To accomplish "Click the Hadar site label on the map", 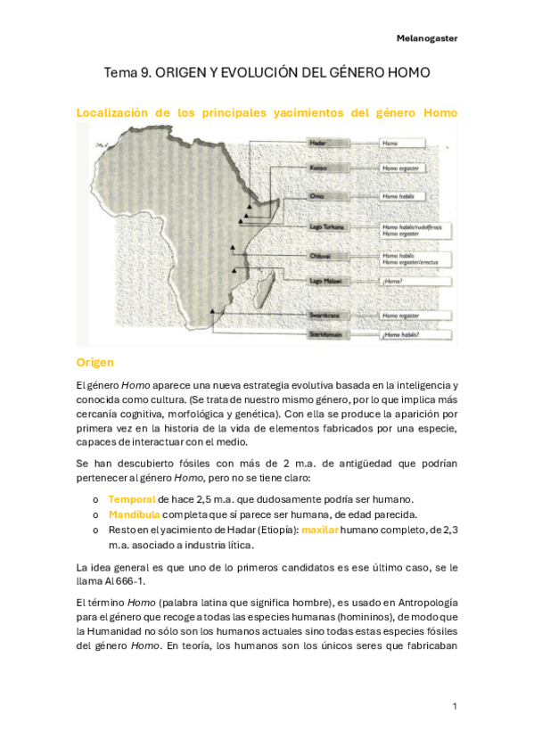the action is coord(317,143).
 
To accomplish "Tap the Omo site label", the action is coord(317,196).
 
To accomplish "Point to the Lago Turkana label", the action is coord(325,227).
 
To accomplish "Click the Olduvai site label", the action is coord(320,259).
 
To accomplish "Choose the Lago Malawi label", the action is coord(324,281).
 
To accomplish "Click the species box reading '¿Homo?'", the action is coord(392,282).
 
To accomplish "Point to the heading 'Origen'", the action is coord(95,363).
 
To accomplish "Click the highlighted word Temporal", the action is coord(131,498).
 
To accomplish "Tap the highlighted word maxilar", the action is coord(319,530).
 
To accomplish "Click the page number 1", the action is coord(455,706).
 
